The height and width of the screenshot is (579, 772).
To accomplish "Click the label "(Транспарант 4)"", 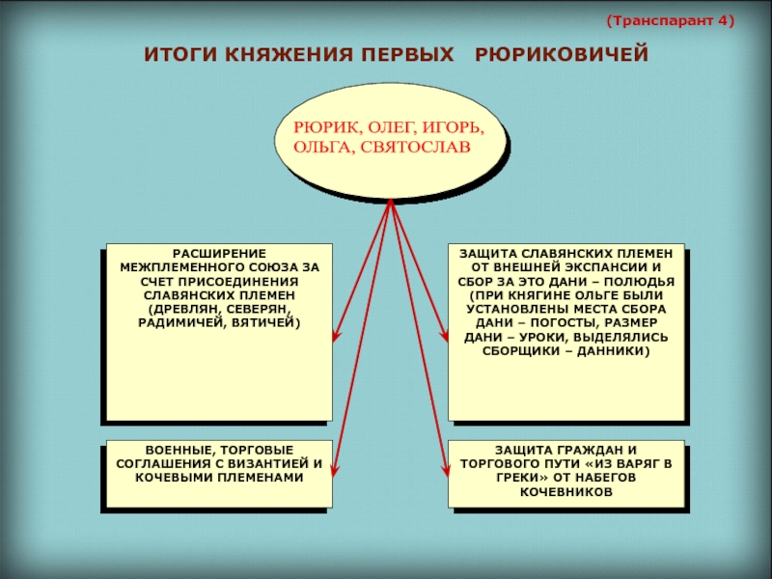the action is coord(670,19).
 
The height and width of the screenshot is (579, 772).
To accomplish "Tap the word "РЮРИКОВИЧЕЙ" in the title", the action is coord(562,55).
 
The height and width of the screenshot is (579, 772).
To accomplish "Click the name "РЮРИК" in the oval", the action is coord(320,127).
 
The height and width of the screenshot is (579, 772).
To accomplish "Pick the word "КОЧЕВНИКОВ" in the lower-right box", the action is coord(566,492).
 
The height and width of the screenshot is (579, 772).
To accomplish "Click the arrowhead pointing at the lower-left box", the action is coord(334,471).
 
